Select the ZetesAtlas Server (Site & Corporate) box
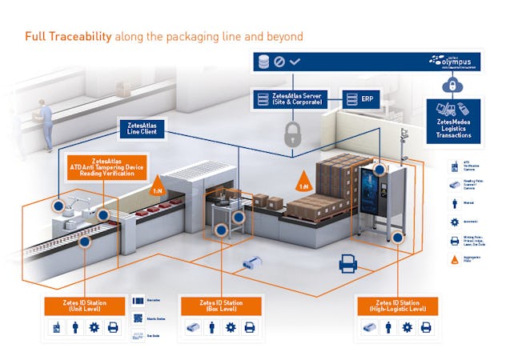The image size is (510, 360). pyautogui.click(x=294, y=100)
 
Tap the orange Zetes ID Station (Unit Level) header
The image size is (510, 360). pyautogui.click(x=84, y=306)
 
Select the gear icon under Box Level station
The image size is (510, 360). pyautogui.click(x=231, y=327)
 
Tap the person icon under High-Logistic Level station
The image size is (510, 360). pyautogui.click(x=388, y=327)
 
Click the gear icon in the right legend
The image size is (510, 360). pyautogui.click(x=455, y=221)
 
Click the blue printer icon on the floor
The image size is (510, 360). pyautogui.click(x=347, y=262)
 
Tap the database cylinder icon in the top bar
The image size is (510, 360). pyautogui.click(x=261, y=60)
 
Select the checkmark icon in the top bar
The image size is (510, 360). pyautogui.click(x=295, y=60)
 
